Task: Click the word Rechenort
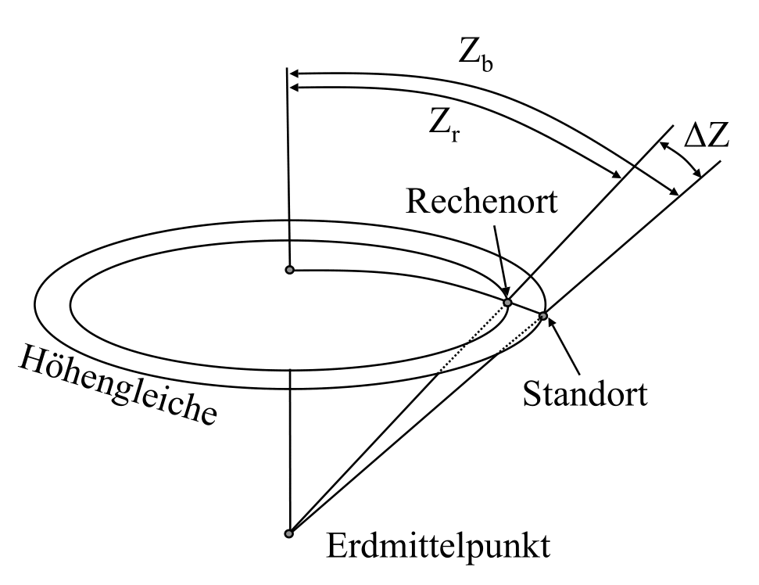[482, 201]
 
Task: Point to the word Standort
[584, 393]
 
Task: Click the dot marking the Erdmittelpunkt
[289, 533]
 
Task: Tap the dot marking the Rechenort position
[507, 303]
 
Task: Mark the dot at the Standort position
[542, 316]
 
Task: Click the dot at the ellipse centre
[290, 270]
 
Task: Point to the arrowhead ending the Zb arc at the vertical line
[295, 74]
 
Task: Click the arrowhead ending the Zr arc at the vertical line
[295, 87]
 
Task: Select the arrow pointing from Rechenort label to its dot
[499, 257]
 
